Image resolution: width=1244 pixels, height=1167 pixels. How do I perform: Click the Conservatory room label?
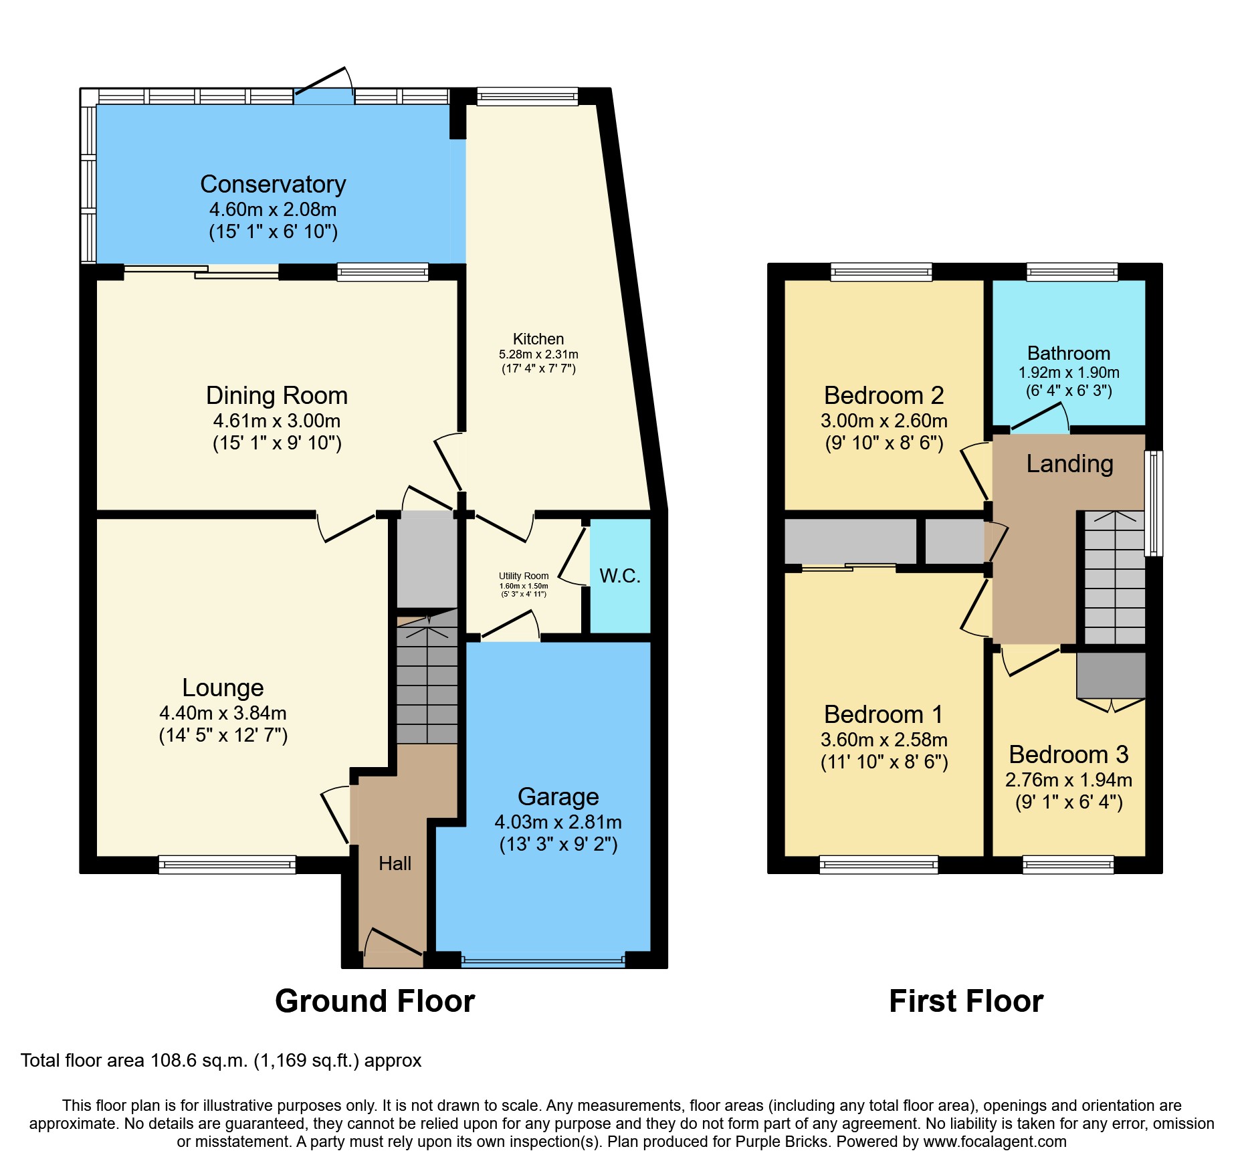pos(273,184)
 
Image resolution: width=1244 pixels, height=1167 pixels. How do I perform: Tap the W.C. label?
pos(620,576)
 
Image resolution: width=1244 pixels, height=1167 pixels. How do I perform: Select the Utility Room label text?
pos(523,576)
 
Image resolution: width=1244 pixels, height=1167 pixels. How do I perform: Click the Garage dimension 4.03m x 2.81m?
pos(558,822)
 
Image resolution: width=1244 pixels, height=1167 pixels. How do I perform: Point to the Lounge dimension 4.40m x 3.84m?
pos(223,713)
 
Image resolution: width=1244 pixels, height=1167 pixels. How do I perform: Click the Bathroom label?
pos(1068,353)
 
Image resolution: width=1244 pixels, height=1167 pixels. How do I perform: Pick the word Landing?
pos(1069,463)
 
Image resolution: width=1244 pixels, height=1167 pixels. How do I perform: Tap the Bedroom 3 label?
pos(1068,754)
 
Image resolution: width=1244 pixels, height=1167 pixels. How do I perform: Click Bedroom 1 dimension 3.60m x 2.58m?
pos(884,740)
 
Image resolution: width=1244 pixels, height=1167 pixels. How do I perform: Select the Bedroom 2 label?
pos(884,395)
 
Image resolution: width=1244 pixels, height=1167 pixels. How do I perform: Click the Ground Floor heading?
pos(375,1001)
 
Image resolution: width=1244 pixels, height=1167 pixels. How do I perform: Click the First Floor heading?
pos(966,1001)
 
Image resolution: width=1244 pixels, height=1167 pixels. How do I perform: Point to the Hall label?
pos(395,863)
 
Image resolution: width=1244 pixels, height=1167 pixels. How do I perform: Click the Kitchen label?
pos(538,339)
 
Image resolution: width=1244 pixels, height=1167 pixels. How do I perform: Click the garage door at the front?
pos(542,962)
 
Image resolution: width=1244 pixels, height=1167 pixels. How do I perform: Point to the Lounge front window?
pos(227,865)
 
